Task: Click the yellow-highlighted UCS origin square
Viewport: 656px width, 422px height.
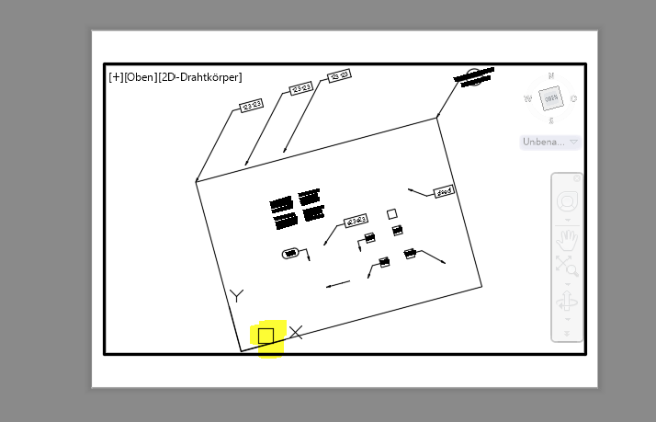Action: coord(266,336)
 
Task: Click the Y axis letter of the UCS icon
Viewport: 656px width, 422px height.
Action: coord(237,295)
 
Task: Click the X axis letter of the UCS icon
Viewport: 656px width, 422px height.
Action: coord(296,332)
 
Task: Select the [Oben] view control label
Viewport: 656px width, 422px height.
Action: coord(141,76)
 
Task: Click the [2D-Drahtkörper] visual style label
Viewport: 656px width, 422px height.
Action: coord(200,76)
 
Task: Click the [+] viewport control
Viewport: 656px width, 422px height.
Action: coord(116,76)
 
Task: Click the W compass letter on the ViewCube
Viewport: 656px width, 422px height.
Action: coord(527,98)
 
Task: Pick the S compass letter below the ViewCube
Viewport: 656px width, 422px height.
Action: coord(550,120)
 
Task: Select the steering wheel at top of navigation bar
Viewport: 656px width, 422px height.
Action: coord(566,202)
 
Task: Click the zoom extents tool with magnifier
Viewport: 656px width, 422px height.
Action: coord(566,268)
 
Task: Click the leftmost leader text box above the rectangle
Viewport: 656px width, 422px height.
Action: coord(252,105)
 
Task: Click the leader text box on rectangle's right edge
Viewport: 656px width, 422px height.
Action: coord(445,191)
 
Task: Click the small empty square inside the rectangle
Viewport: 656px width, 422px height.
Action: coord(392,213)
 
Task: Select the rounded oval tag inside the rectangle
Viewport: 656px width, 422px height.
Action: coord(290,253)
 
